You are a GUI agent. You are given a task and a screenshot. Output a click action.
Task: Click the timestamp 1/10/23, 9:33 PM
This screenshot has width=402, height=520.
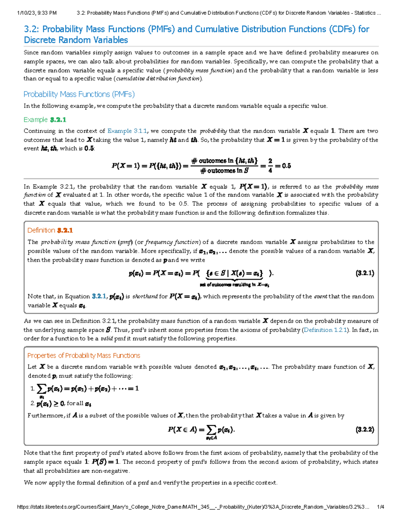point(37,13)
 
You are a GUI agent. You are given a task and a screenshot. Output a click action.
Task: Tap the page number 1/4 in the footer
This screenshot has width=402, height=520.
point(380,507)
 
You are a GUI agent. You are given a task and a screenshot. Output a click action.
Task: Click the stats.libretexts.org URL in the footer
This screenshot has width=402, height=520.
point(193,507)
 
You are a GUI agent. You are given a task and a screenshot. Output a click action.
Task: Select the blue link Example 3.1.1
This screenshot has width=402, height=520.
point(127,131)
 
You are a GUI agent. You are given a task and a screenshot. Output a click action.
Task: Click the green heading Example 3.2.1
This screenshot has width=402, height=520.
point(45,120)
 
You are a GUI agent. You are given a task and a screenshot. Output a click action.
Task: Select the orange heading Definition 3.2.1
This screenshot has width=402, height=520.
point(50,230)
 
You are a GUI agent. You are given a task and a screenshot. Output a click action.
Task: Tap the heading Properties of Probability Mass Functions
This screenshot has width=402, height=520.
point(84,356)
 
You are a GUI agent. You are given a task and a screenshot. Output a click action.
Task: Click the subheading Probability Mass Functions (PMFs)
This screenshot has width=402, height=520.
point(79,94)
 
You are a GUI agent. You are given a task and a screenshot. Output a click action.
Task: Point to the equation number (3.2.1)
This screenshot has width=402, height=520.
point(365,273)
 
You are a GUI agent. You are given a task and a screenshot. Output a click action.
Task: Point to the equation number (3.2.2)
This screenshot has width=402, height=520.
point(365,430)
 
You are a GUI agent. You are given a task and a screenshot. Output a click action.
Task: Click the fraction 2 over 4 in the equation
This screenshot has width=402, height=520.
point(270,166)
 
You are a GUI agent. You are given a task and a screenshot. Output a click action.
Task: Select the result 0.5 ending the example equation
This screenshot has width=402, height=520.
point(286,166)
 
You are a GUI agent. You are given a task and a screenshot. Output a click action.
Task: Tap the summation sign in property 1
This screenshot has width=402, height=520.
point(42,389)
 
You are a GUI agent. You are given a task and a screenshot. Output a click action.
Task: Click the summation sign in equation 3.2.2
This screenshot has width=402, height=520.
point(211,430)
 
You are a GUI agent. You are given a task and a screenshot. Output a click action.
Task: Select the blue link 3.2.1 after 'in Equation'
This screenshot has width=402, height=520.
point(99,296)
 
